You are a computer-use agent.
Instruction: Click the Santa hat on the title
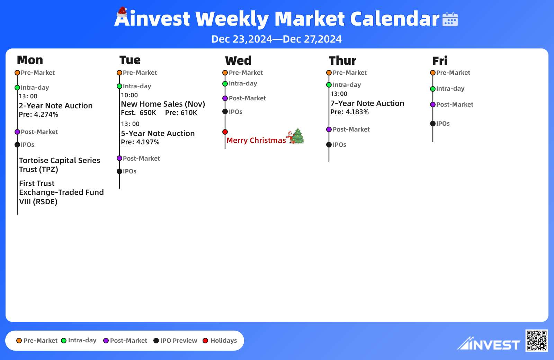[122, 12]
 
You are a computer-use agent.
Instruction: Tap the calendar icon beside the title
[450, 19]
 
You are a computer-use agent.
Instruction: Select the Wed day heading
[238, 61]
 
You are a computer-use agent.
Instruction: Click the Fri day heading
[440, 61]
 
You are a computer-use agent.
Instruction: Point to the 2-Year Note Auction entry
[56, 106]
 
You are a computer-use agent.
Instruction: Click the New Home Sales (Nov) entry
[163, 104]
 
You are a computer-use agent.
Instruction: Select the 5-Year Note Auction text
[158, 134]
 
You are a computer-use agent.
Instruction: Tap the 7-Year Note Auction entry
[367, 103]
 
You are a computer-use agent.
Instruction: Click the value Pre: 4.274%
[38, 115]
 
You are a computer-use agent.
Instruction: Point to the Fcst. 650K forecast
[138, 113]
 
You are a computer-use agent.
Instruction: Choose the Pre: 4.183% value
[349, 112]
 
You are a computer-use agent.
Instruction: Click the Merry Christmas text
[256, 141]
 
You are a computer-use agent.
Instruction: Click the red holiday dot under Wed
[225, 132]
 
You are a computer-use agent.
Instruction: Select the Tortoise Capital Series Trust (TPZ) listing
[60, 165]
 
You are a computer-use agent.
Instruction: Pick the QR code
[536, 341]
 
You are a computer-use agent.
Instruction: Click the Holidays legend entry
[220, 341]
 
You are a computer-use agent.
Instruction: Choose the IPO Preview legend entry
[175, 341]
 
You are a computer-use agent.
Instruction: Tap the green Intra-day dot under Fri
[433, 89]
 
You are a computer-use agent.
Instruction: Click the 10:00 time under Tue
[129, 95]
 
